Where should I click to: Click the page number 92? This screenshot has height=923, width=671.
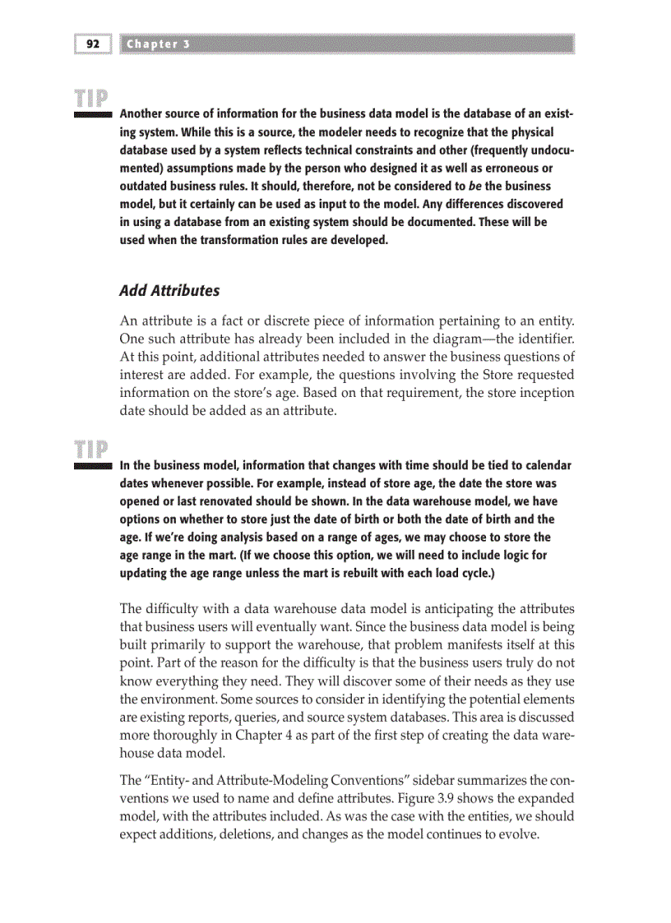click(x=91, y=44)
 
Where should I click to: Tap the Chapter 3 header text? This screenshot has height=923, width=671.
click(x=158, y=44)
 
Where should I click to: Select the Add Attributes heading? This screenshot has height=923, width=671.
click(x=169, y=290)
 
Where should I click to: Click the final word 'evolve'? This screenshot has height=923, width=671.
click(x=516, y=835)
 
